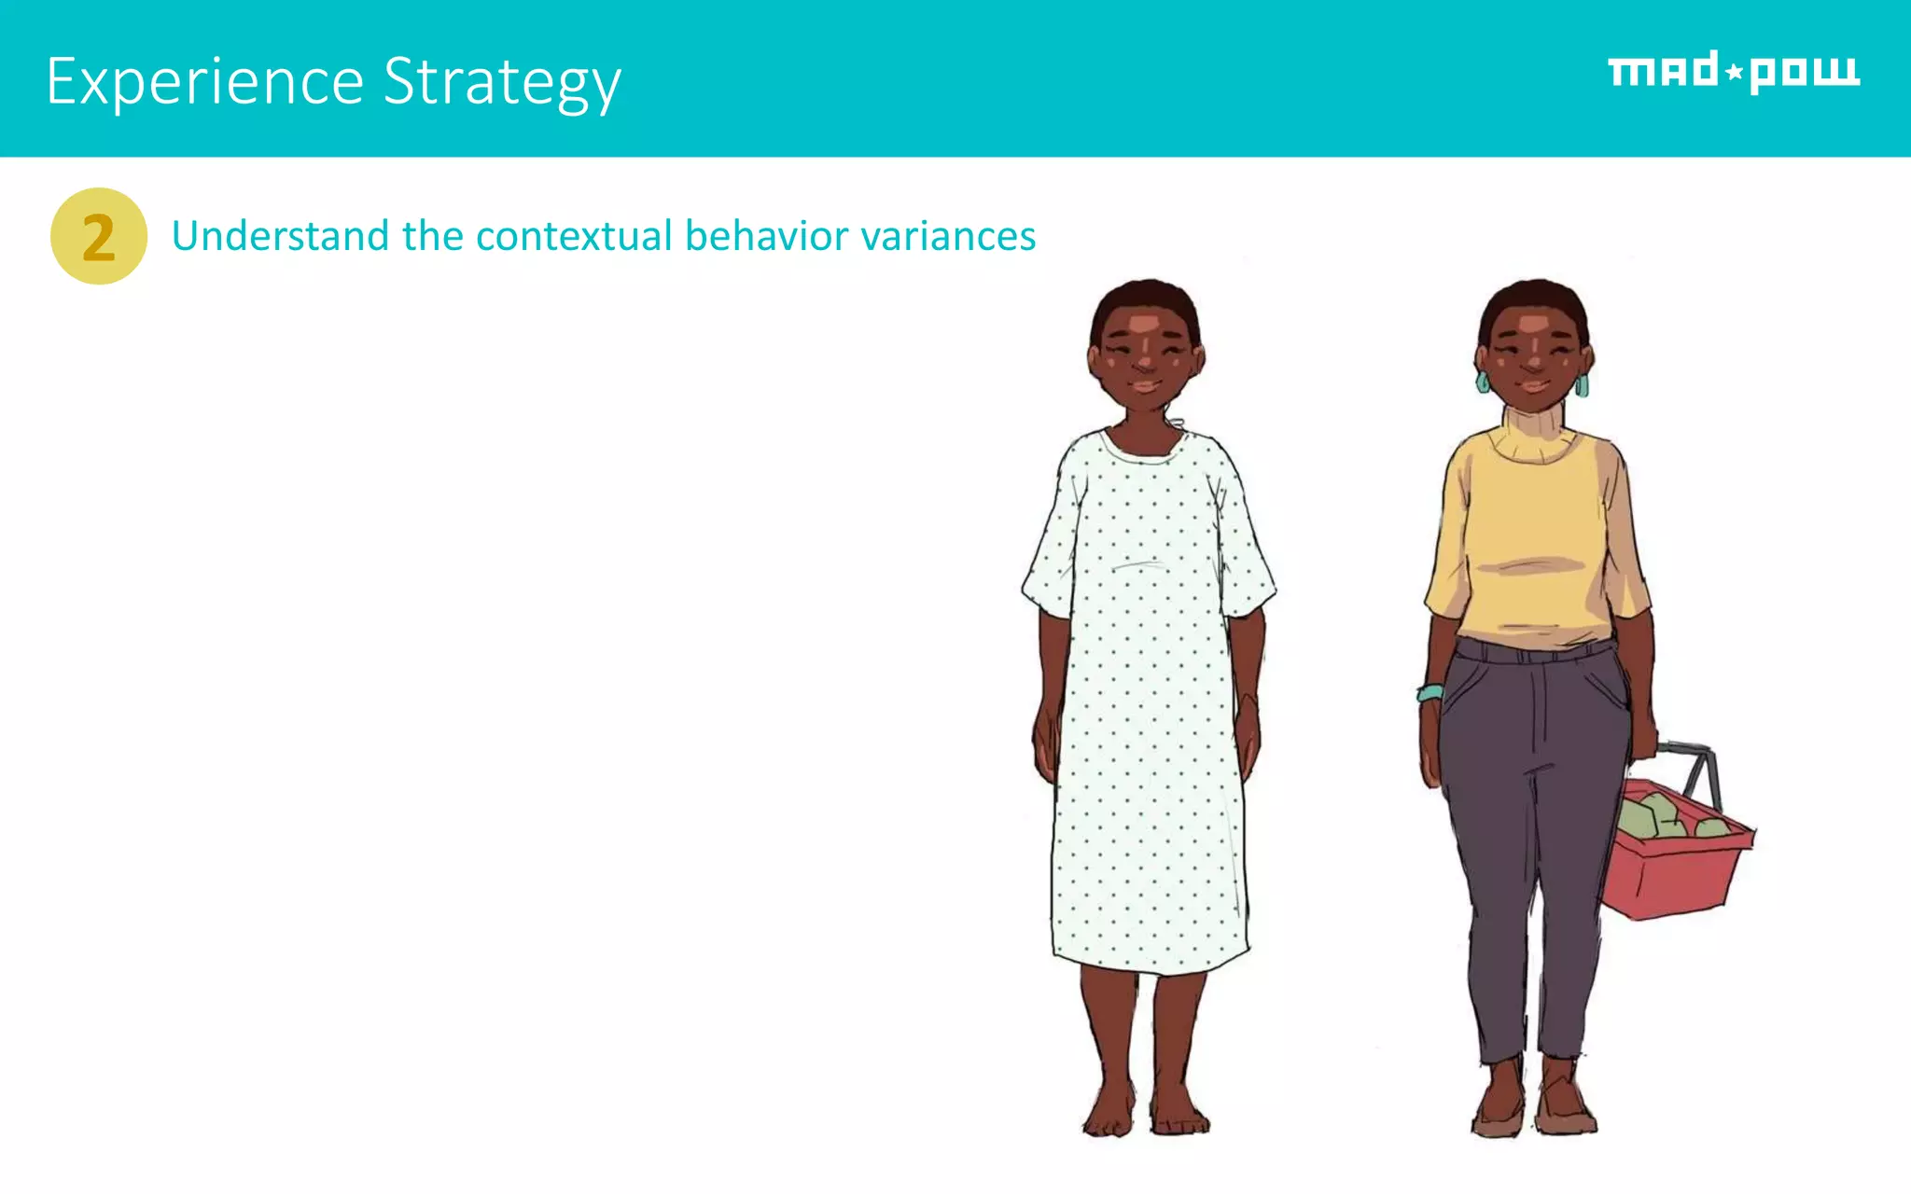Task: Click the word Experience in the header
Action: pos(204,82)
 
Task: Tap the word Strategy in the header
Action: pos(502,82)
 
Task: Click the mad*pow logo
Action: pos(1733,72)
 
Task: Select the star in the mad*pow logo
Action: pos(1734,72)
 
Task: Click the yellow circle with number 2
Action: pos(98,236)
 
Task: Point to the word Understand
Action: pos(280,236)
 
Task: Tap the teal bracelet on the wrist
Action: pos(1429,693)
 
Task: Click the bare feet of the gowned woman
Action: pos(1146,1115)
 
